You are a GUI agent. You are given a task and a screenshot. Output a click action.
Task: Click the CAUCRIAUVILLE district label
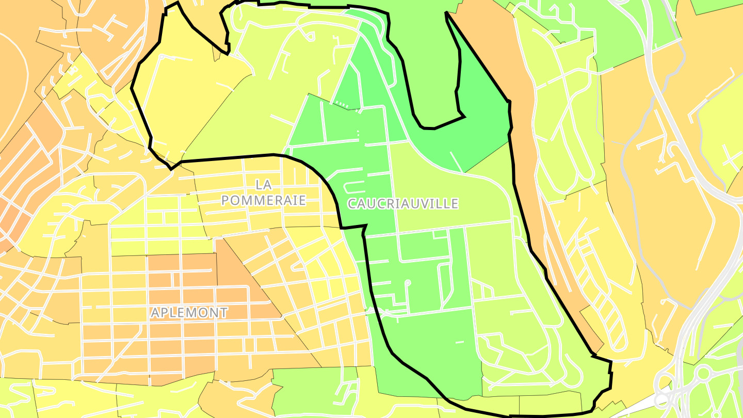(402, 203)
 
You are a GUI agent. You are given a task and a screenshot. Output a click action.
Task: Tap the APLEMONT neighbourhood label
(189, 312)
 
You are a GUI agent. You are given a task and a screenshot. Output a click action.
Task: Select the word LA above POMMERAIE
(263, 184)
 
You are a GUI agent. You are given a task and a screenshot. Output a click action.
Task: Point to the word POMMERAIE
(264, 200)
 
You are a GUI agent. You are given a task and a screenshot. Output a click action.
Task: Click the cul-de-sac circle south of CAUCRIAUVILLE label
(407, 283)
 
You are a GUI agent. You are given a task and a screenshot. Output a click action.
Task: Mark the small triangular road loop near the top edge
(310, 36)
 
